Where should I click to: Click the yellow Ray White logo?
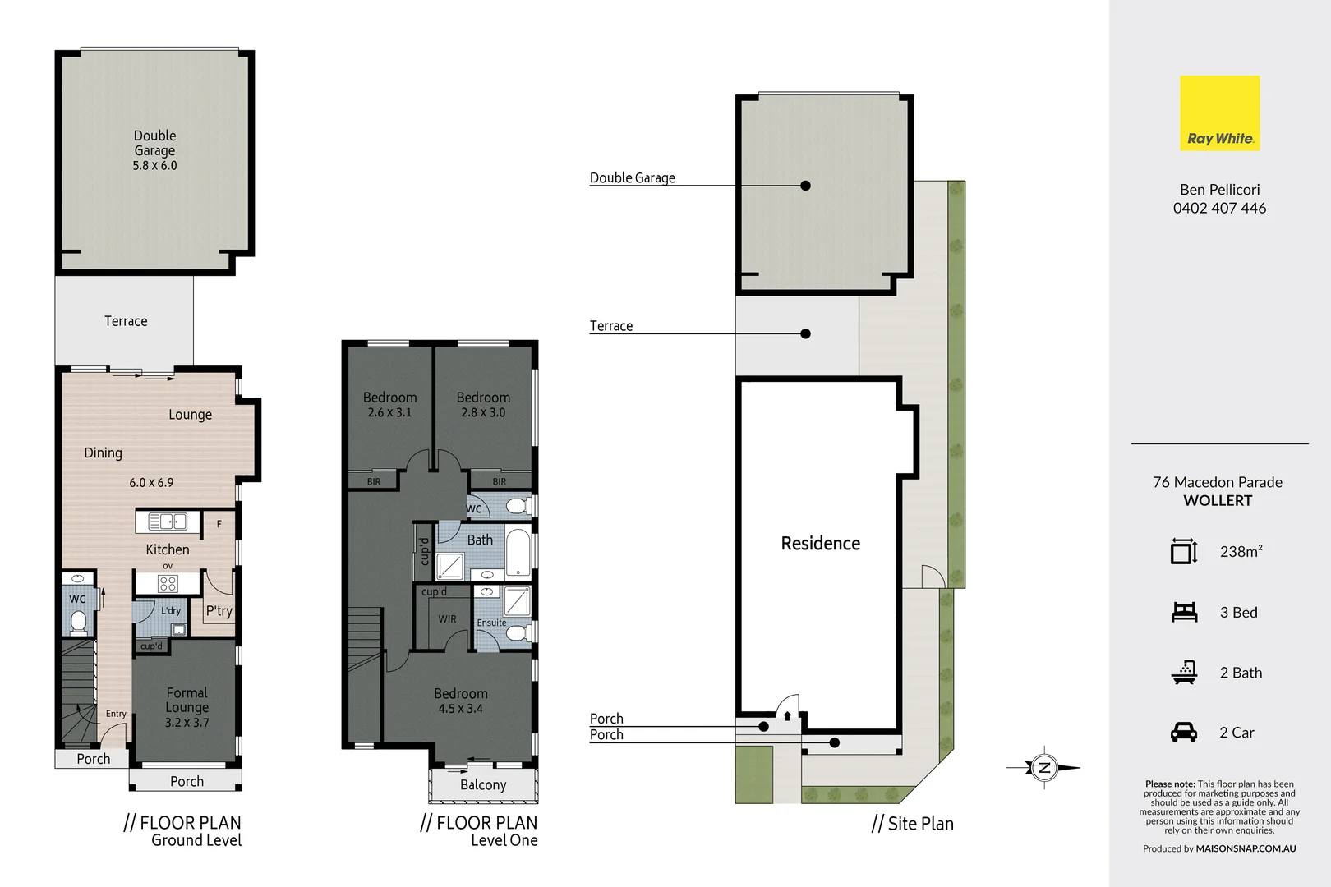(x=1219, y=113)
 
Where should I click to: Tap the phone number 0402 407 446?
(x=1219, y=209)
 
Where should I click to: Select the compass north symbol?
(x=1044, y=768)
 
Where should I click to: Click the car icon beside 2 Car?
(x=1184, y=732)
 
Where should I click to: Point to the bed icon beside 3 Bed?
(x=1184, y=612)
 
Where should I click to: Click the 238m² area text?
(x=1241, y=552)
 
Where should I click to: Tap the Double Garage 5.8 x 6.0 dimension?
(x=154, y=166)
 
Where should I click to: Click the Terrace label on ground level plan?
(x=126, y=321)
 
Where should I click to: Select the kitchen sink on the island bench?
(x=168, y=522)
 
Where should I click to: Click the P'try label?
(x=219, y=611)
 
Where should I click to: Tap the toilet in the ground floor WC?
(x=78, y=622)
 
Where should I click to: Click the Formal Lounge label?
(x=187, y=700)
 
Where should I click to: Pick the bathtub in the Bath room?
(x=518, y=554)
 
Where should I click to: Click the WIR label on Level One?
(x=447, y=619)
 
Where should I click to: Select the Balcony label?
(x=483, y=785)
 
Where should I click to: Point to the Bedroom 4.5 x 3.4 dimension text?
(x=460, y=709)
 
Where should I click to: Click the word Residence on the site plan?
(x=820, y=544)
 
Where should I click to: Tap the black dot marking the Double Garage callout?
(x=805, y=186)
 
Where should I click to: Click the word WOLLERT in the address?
(x=1218, y=501)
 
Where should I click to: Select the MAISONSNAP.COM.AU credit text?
(x=1246, y=849)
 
